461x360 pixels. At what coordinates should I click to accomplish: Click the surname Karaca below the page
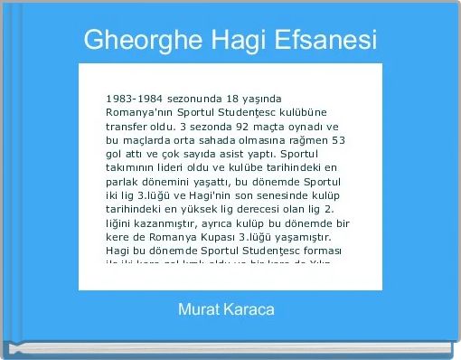pyautogui.click(x=252, y=310)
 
